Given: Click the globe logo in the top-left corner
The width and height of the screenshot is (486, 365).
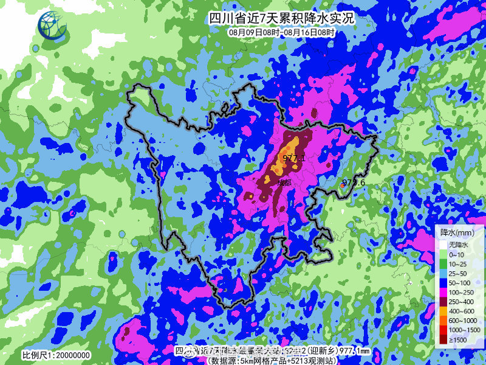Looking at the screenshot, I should pos(52,26).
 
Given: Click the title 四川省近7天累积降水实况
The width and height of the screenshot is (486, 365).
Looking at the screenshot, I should pos(280,18).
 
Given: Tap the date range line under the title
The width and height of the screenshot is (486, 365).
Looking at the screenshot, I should pos(280,31).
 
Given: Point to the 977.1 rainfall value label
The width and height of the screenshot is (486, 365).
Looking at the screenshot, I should pos(293,158).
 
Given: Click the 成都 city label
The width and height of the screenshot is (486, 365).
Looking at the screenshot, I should pos(283,181).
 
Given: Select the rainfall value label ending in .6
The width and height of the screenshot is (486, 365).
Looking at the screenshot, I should pos(353,182).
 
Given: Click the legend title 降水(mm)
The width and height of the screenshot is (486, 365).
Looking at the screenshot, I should pos(457,232).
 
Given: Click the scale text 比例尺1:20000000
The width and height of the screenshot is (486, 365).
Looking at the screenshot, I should pos(56,355).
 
